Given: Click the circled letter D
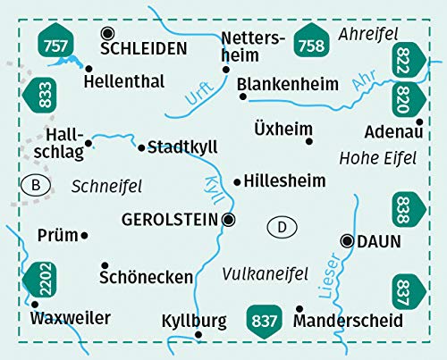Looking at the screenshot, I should tap(282, 228).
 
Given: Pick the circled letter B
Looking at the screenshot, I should tap(35, 186).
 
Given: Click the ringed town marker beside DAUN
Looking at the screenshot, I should tap(347, 239).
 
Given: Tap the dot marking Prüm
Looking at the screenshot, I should tap(84, 235).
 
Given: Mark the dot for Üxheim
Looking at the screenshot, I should tap(309, 140).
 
